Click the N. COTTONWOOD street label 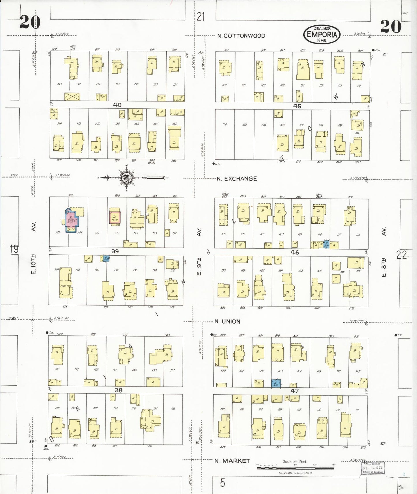pyautogui.click(x=241, y=36)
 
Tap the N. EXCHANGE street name pyautogui.click(x=237, y=179)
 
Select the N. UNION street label pyautogui.click(x=227, y=321)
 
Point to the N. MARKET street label pyautogui.click(x=232, y=461)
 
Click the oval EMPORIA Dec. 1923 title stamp pyautogui.click(x=322, y=34)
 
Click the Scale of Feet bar pyautogui.click(x=295, y=468)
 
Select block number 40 pyautogui.click(x=117, y=105)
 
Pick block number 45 pyautogui.click(x=297, y=106)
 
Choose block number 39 pyautogui.click(x=115, y=251)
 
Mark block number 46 pyautogui.click(x=295, y=252)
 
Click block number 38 pyautogui.click(x=119, y=390)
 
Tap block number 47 pyautogui.click(x=295, y=391)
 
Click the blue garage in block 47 pyautogui.click(x=276, y=383)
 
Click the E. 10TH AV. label pyautogui.click(x=33, y=248)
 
